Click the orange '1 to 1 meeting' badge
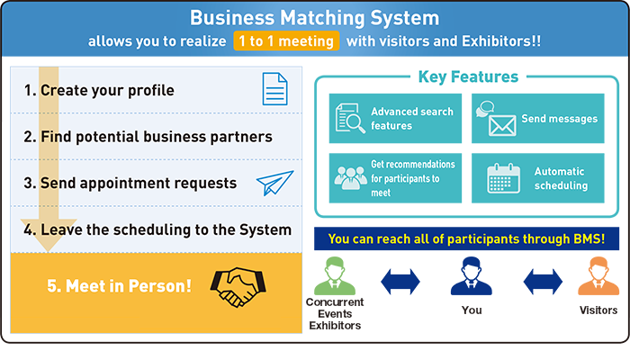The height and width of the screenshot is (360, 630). click(286, 41)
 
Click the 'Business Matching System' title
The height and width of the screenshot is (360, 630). click(315, 18)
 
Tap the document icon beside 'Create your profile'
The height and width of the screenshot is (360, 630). click(274, 89)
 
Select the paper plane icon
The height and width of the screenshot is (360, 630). click(274, 183)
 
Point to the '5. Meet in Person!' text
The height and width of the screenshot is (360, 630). click(120, 286)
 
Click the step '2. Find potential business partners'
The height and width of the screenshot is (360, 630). click(148, 137)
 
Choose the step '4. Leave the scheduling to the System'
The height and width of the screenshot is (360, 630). click(157, 229)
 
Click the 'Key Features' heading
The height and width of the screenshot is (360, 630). click(468, 76)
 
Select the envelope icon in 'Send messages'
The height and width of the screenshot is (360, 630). click(502, 126)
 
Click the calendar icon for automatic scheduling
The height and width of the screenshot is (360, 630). click(503, 178)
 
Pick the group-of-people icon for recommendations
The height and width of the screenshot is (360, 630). click(350, 178)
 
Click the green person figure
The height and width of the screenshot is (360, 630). click(335, 276)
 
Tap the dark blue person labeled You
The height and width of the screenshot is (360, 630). click(472, 276)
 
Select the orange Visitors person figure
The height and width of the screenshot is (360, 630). click(598, 276)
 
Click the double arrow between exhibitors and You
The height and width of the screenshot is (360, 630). click(400, 281)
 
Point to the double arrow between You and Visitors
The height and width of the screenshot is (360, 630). click(543, 281)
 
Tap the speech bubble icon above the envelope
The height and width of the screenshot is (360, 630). click(485, 109)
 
